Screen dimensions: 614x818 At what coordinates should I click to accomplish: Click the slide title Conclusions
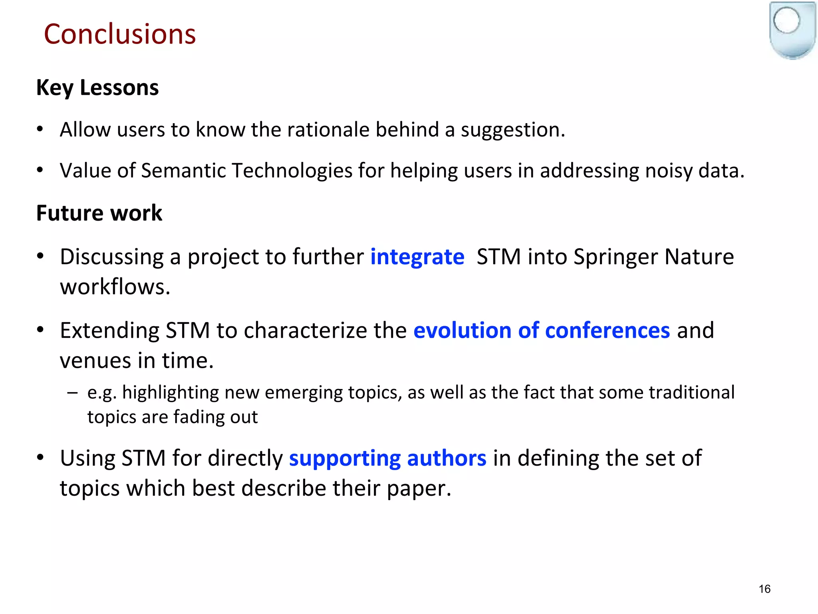pyautogui.click(x=120, y=34)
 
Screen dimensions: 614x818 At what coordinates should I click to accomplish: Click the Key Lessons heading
pyautogui.click(x=97, y=88)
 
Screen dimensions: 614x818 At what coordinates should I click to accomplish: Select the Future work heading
pyautogui.click(x=99, y=213)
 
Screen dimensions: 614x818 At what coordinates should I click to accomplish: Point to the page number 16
pyautogui.click(x=764, y=589)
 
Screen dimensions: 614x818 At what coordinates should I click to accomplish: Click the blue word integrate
pyautogui.click(x=417, y=257)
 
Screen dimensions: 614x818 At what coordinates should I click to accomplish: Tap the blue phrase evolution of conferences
pyautogui.click(x=541, y=331)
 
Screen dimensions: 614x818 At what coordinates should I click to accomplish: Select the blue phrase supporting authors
pyautogui.click(x=387, y=458)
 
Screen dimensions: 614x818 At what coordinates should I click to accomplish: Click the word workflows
pyautogui.click(x=115, y=287)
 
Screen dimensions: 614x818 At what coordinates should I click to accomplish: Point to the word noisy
pyautogui.click(x=669, y=171)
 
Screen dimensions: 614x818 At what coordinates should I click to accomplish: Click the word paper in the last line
pyautogui.click(x=418, y=488)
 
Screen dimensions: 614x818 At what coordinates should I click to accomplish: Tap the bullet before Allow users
pyautogui.click(x=40, y=129)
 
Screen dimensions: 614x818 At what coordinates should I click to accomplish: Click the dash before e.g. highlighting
pyautogui.click(x=72, y=393)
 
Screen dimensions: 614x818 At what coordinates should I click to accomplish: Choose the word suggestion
pyautogui.click(x=512, y=130)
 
